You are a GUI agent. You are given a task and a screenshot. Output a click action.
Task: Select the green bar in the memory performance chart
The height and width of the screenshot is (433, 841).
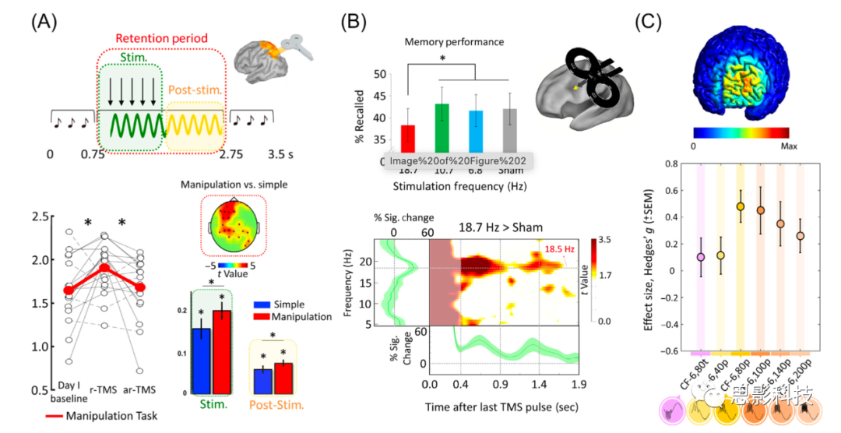[x=442, y=129]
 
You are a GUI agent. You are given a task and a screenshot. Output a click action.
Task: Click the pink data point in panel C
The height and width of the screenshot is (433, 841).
[x=701, y=256]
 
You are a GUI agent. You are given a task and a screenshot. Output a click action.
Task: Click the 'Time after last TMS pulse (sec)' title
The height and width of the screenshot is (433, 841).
[x=505, y=407]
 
